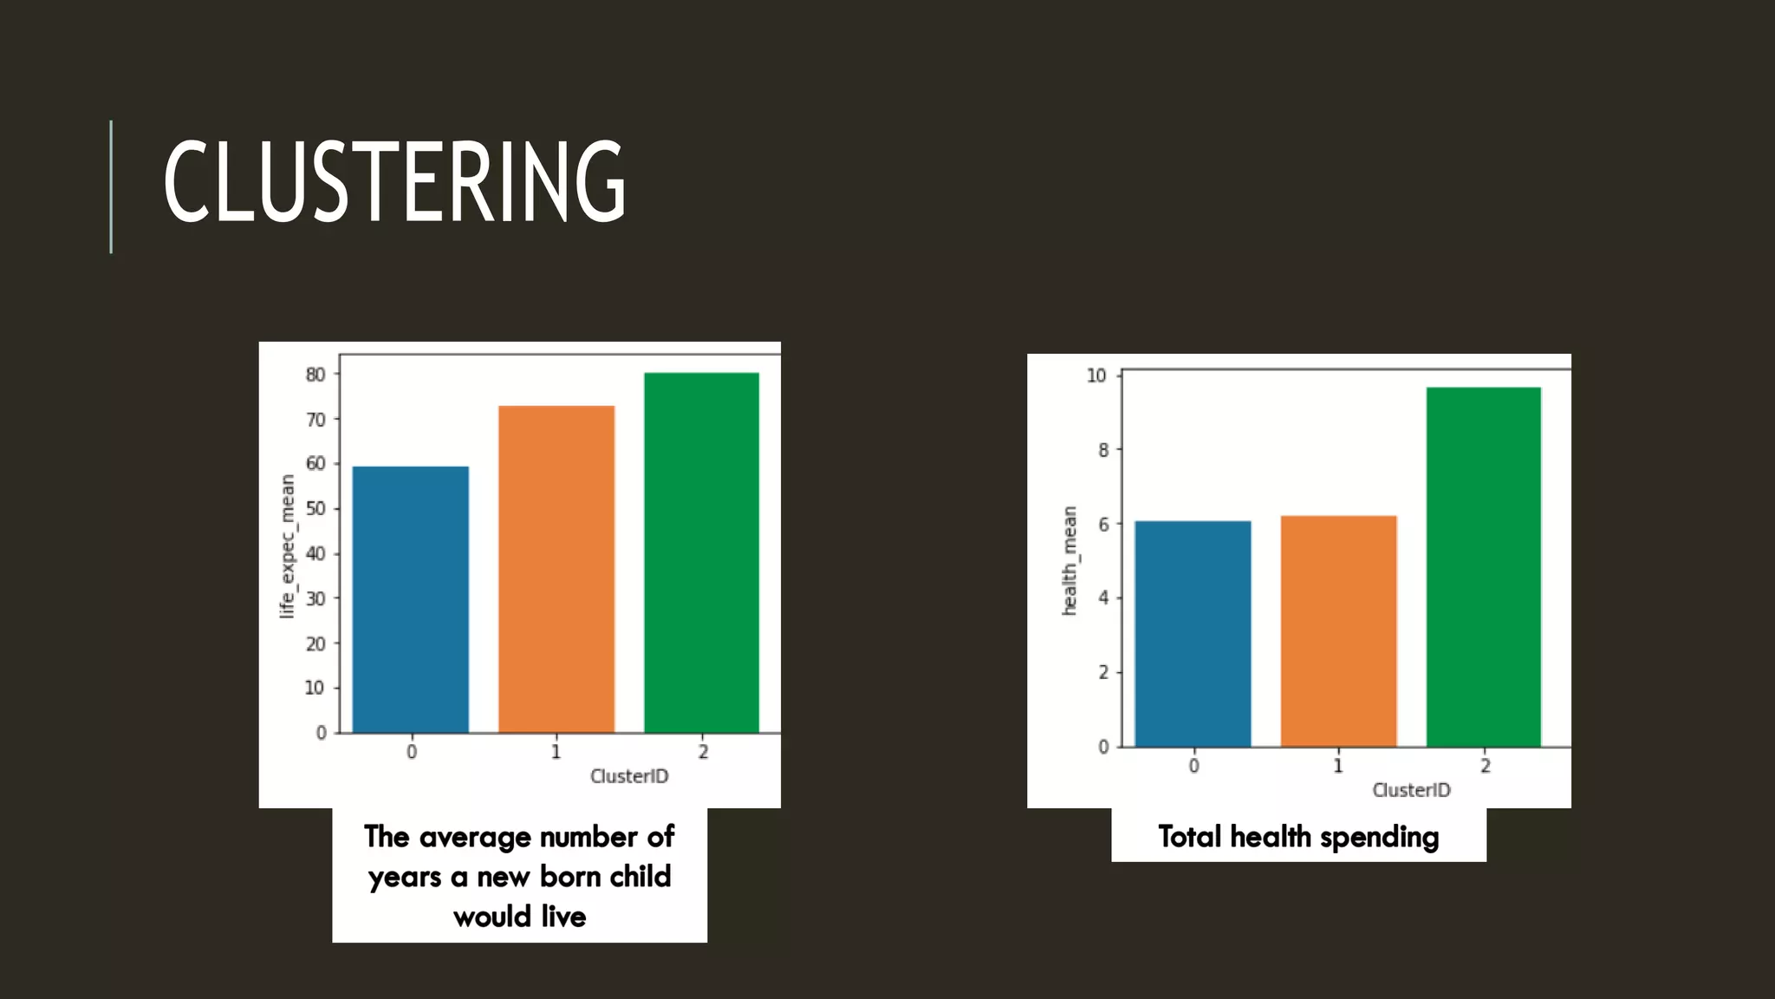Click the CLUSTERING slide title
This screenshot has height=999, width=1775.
click(394, 182)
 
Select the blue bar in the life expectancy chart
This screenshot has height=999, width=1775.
click(411, 599)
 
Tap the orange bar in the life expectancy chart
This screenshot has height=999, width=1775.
click(556, 569)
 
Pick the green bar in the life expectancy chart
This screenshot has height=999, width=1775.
click(701, 552)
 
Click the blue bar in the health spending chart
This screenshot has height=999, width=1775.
click(1193, 633)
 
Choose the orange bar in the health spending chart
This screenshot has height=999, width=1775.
click(1338, 630)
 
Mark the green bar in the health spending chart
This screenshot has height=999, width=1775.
click(1484, 566)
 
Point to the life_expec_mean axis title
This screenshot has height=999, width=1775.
click(287, 546)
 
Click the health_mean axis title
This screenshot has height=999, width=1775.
click(1070, 561)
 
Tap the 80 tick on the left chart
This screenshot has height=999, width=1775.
click(315, 375)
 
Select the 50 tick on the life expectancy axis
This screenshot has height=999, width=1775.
click(315, 509)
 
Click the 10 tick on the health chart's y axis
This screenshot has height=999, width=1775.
click(1096, 375)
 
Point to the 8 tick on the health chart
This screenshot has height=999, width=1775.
click(1102, 450)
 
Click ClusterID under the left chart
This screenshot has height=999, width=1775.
click(629, 776)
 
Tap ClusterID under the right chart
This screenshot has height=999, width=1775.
click(1411, 790)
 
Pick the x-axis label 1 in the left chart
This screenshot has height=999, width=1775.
click(556, 752)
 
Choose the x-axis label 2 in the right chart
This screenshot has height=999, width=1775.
click(1485, 766)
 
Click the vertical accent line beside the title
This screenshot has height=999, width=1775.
click(111, 186)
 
